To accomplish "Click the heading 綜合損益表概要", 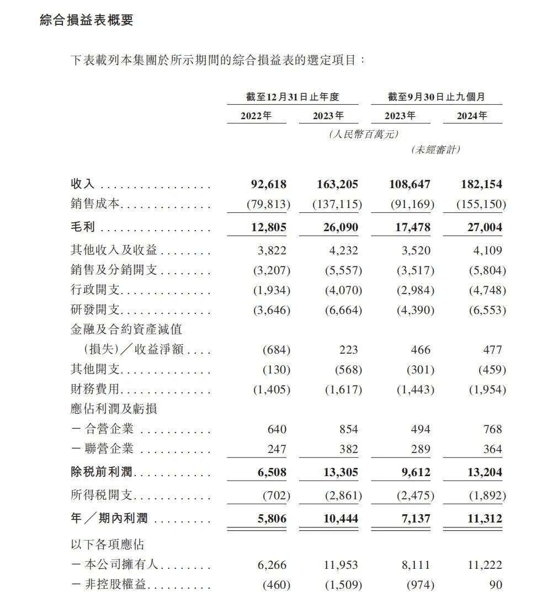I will [x=87, y=20].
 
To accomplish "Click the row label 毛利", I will [x=83, y=227].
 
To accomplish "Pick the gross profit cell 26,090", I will [x=338, y=227].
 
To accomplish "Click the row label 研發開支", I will [x=95, y=310].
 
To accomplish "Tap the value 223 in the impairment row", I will [x=349, y=350].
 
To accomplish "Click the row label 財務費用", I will [x=95, y=390].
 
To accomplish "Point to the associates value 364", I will [x=492, y=449].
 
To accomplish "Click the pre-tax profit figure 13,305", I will [x=338, y=472].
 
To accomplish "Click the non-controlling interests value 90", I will [x=496, y=584].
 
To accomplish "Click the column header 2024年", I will [x=472, y=116].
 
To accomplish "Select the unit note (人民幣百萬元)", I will [x=363, y=134].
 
